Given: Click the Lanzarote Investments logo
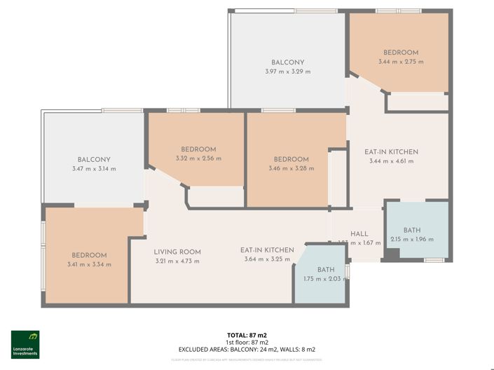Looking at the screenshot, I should [x=25, y=344].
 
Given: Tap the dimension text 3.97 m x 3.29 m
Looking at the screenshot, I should [x=287, y=72].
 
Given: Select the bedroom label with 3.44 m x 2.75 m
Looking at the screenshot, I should [x=401, y=53].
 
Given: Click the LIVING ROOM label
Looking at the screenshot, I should [x=177, y=252].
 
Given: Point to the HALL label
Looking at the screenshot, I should [x=359, y=234].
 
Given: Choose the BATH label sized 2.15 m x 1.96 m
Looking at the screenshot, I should [x=413, y=231].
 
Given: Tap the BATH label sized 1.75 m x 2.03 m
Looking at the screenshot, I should [x=326, y=269].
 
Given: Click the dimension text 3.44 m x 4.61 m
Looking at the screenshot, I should [x=392, y=161].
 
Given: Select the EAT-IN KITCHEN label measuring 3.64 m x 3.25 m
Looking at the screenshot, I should [x=267, y=249].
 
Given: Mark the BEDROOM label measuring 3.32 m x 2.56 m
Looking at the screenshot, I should [x=198, y=149].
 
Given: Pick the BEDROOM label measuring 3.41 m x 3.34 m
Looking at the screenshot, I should [x=89, y=255].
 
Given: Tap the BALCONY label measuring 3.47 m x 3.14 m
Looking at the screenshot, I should [x=94, y=159].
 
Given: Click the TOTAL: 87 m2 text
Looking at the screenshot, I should [x=247, y=335].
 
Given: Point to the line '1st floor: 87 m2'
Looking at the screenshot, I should [x=247, y=342].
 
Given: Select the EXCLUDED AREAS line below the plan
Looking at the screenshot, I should [x=247, y=349].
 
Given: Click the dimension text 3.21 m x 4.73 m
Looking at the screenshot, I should [x=177, y=261].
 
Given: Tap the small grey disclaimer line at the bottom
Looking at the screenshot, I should [x=247, y=359].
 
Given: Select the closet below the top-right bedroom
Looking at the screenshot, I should [x=417, y=102].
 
